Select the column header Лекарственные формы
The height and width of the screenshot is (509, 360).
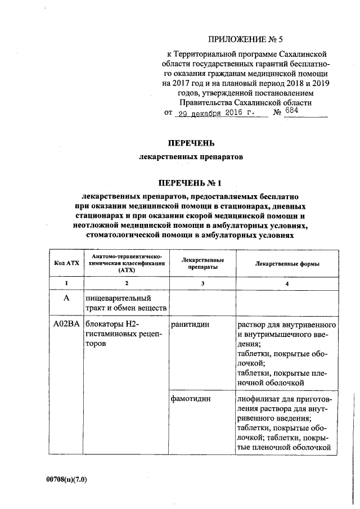coord(287,263)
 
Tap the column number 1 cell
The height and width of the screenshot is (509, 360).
coord(66,283)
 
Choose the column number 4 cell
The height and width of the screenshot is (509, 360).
coord(287,283)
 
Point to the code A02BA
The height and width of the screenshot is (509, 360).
coord(66,325)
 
